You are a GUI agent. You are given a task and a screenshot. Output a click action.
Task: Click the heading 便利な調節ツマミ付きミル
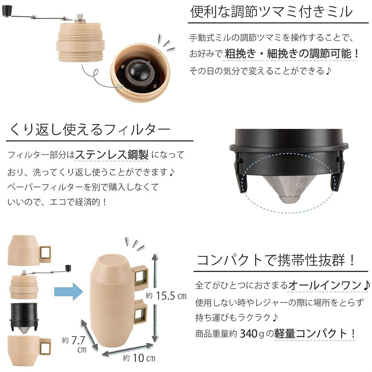click(271, 12)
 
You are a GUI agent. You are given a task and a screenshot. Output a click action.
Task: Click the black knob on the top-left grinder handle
click(6, 11)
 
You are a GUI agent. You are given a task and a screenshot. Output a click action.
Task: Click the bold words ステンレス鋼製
click(112, 155)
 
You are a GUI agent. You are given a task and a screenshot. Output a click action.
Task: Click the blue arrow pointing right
click(68, 292)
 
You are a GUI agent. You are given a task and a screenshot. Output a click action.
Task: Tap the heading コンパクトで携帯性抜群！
click(276, 260)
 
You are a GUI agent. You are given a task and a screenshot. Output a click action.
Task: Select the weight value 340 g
click(252, 334)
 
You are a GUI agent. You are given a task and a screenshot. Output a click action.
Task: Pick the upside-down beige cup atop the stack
click(29, 250)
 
